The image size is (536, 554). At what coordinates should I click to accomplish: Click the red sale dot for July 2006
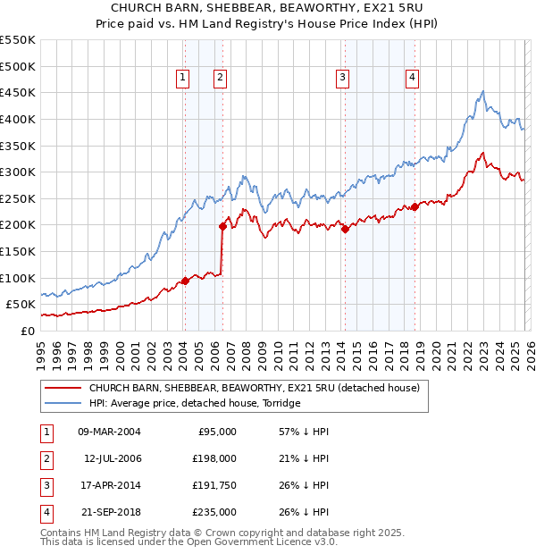(x=222, y=226)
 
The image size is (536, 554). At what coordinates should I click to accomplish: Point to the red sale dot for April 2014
(x=344, y=229)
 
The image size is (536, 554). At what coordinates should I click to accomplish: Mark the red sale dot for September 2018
(x=415, y=206)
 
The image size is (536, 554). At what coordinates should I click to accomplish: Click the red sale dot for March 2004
(x=185, y=281)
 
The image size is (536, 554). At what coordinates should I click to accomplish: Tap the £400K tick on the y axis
(x=18, y=119)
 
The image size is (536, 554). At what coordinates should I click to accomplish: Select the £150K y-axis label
(x=18, y=251)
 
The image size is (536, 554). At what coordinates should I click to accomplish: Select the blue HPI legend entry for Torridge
(x=191, y=403)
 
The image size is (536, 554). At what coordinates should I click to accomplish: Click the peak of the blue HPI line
(x=482, y=91)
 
